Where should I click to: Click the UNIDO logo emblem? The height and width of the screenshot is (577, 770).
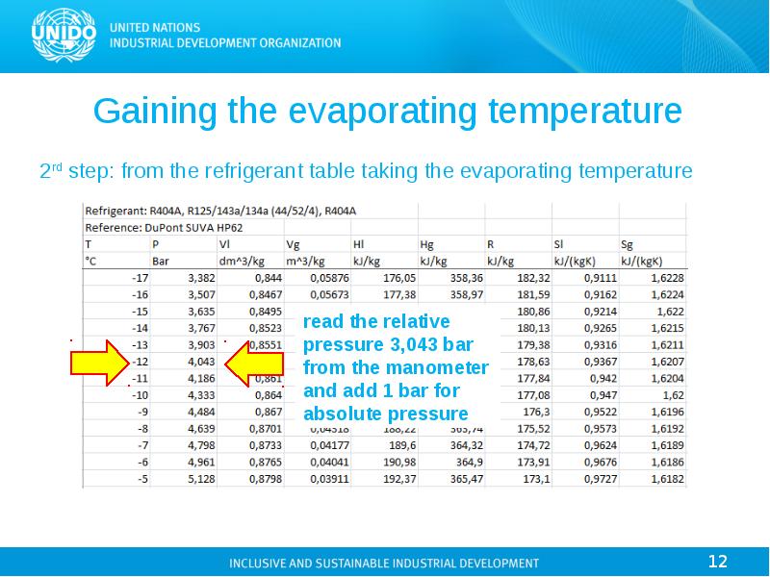pos(64,35)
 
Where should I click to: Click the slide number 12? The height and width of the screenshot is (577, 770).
pos(717,561)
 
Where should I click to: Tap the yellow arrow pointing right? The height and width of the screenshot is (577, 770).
pos(99,363)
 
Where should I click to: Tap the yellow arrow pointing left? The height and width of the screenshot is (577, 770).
pos(251,363)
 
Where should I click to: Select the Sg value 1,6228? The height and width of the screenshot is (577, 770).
pos(666,277)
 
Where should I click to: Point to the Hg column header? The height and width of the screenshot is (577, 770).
pos(427,243)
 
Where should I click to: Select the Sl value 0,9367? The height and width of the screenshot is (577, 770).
pos(599,362)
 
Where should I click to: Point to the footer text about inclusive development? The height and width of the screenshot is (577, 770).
pos(383,563)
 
